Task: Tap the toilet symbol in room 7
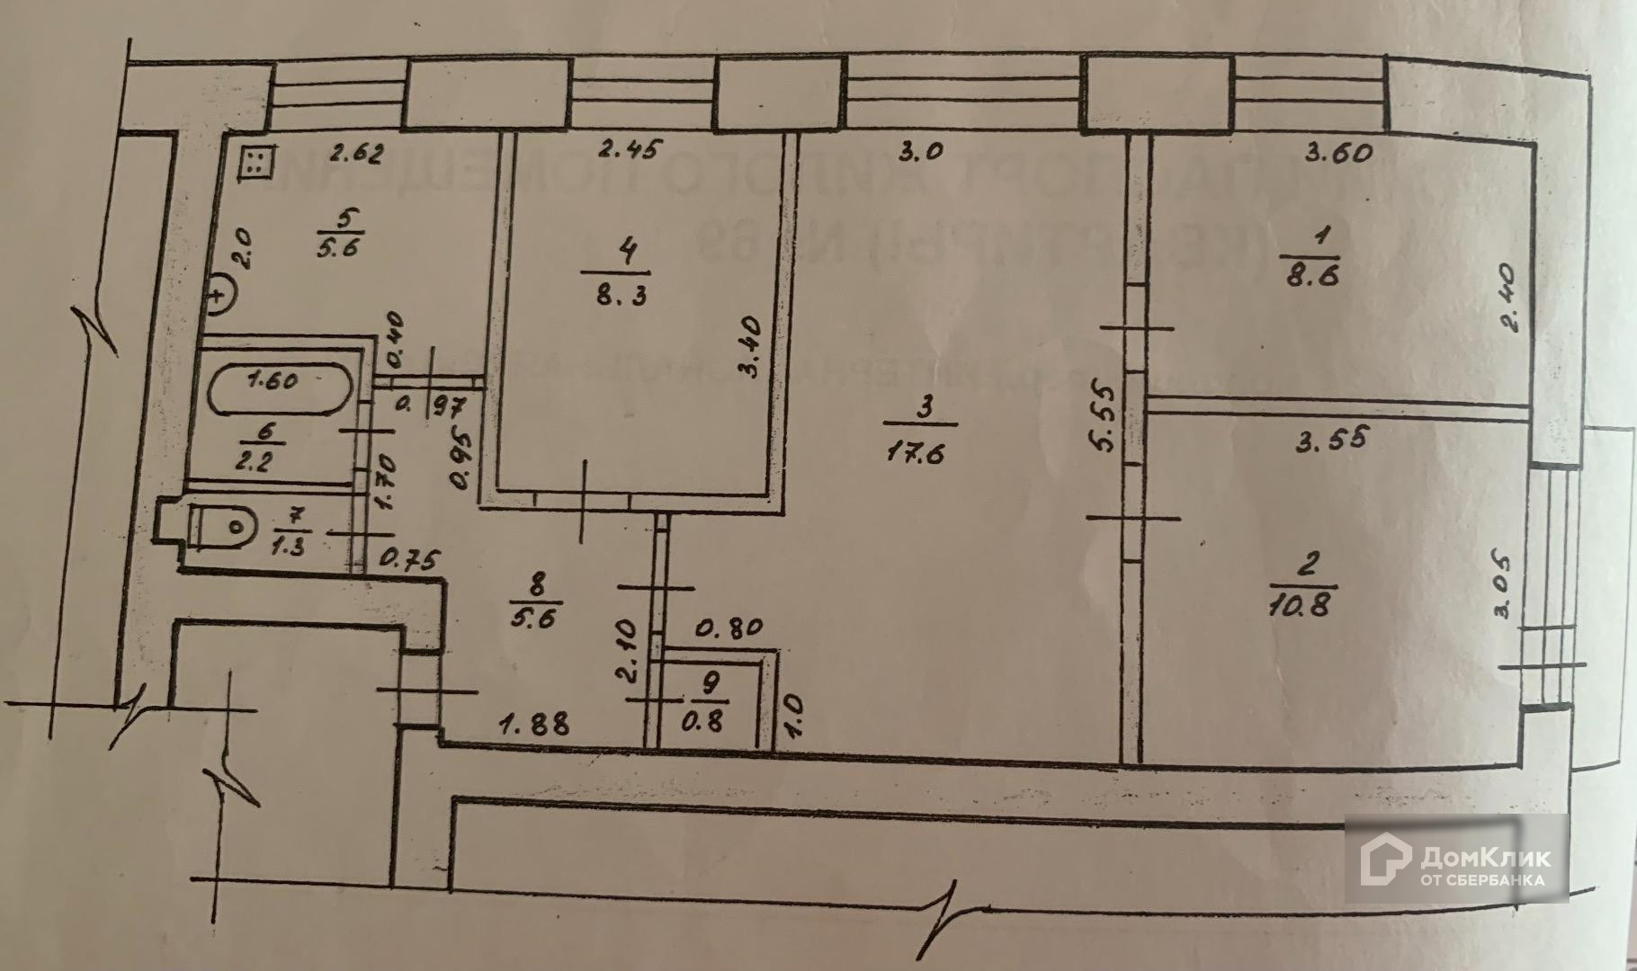pos(225,525)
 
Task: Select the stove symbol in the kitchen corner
pos(255,162)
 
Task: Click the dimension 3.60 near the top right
pos(1339,152)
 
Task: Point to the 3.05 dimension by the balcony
pos(1502,586)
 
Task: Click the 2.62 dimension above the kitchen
pos(356,154)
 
